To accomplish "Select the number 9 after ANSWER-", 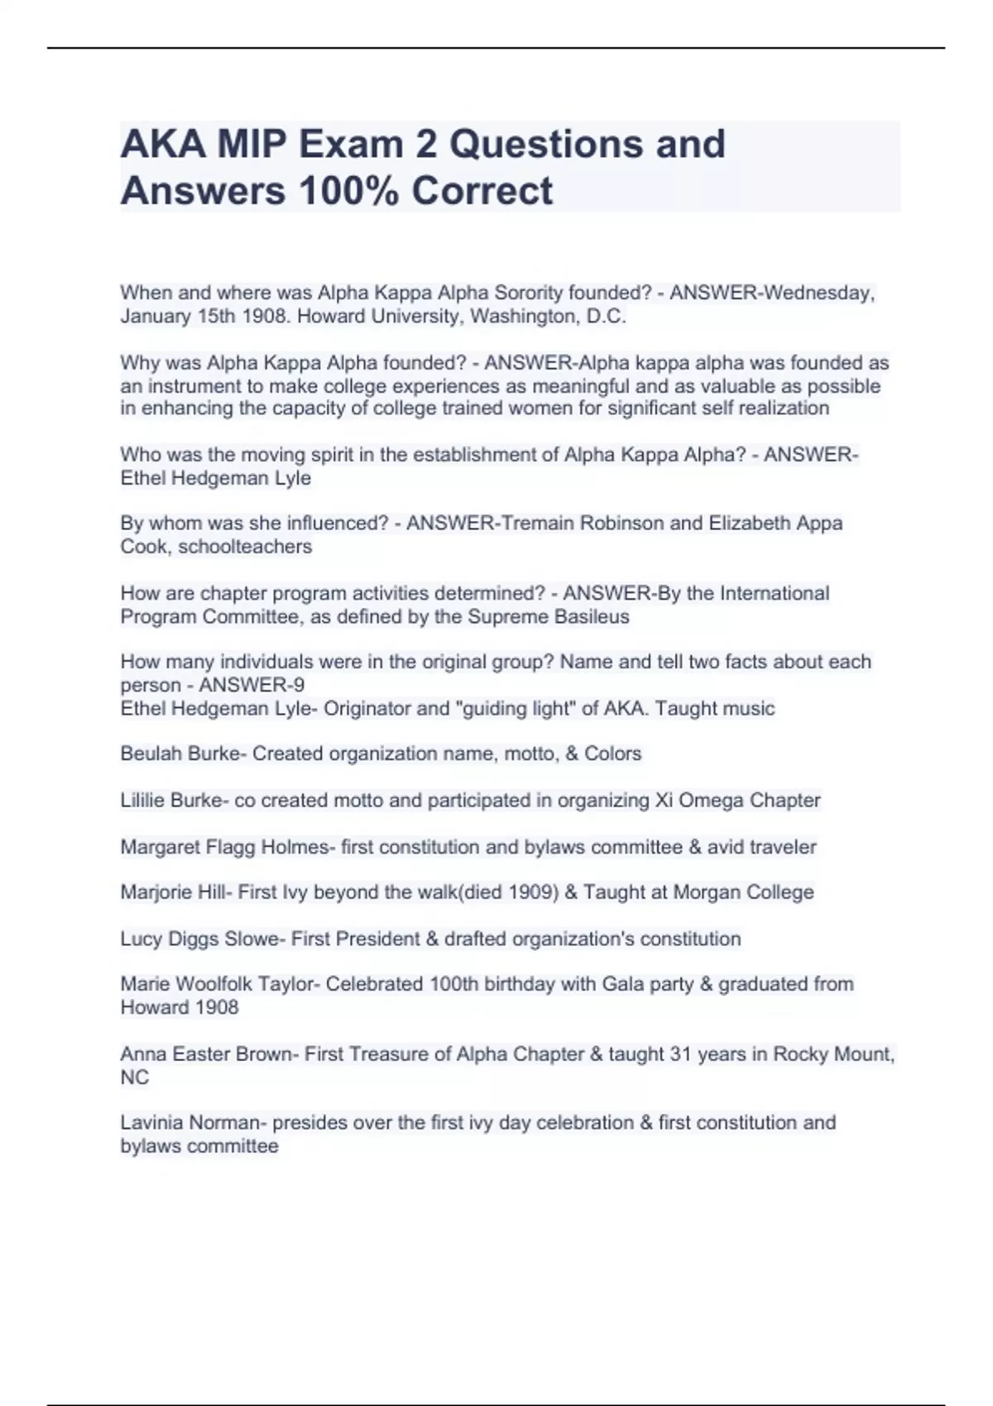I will [x=299, y=686].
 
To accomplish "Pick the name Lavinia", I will [x=152, y=1123].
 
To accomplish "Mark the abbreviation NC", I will [x=135, y=1078].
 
